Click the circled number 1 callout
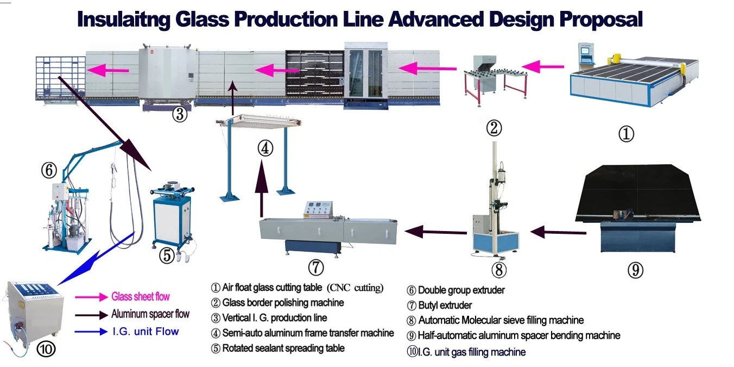click(626, 133)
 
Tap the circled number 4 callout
click(264, 148)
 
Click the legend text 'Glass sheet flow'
click(141, 296)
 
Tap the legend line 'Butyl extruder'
click(445, 306)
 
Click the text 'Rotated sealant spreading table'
click(283, 348)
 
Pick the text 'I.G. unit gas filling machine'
click(471, 352)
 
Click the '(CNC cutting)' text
click(355, 288)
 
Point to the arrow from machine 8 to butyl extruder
click(436, 232)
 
